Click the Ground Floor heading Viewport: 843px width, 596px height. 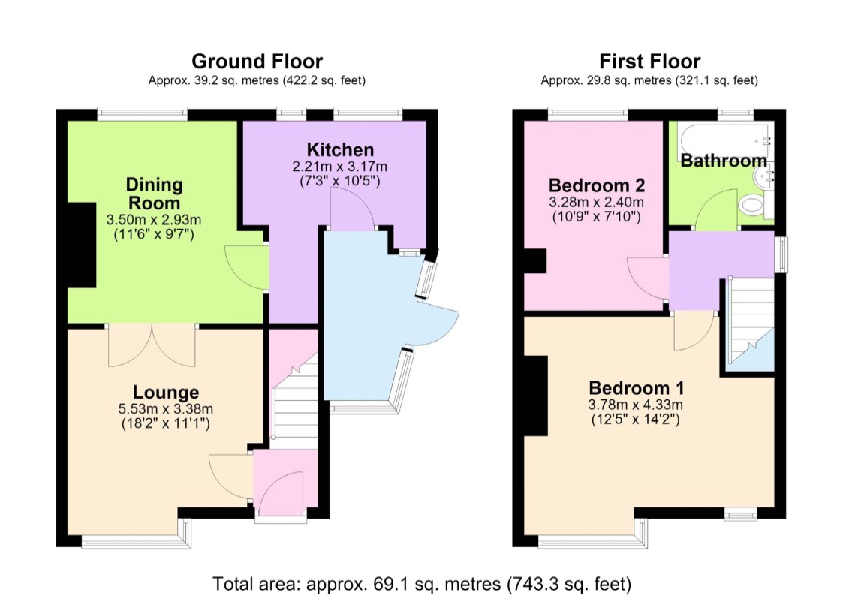point(257,62)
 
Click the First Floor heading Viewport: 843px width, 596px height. point(649,62)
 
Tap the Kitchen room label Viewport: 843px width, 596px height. point(340,149)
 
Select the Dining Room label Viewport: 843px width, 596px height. point(155,194)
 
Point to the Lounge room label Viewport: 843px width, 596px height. point(166,393)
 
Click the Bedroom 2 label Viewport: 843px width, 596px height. point(596,185)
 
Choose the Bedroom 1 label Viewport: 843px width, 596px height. point(636,387)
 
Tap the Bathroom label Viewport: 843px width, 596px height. point(724,160)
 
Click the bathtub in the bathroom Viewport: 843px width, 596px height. point(725,140)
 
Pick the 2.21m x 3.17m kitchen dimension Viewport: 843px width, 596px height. point(339,167)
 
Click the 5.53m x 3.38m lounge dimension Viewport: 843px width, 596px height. point(166,409)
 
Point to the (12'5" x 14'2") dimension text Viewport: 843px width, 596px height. point(636,419)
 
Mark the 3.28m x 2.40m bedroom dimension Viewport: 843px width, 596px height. point(596,202)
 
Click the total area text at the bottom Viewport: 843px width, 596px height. point(422,584)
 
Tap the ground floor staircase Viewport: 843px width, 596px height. point(294,400)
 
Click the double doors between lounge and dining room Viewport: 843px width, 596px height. point(152,345)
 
